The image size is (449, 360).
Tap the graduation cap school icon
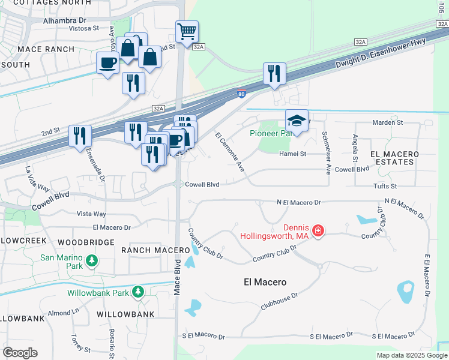(x=297, y=120)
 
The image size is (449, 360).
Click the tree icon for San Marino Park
(x=91, y=260)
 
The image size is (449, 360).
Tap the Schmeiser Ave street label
(x=326, y=152)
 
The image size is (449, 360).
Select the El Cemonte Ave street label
(x=230, y=151)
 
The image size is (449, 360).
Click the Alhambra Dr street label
(x=65, y=20)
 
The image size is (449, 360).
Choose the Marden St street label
(x=387, y=122)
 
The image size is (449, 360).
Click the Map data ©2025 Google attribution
(x=411, y=355)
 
